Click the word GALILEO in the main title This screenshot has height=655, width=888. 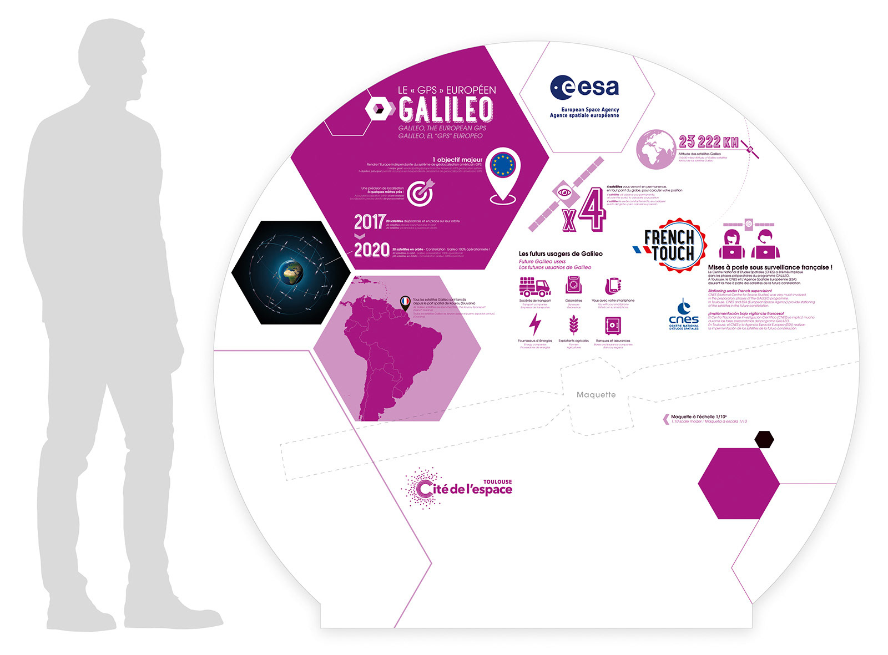[x=446, y=109]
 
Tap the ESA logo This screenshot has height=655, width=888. [x=584, y=88]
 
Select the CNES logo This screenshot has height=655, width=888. [x=684, y=315]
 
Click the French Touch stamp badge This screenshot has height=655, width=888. [x=669, y=245]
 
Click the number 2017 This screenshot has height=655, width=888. [x=369, y=222]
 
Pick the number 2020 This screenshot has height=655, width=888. [x=371, y=250]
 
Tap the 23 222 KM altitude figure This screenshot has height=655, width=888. [x=709, y=142]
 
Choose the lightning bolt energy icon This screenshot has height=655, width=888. [x=535, y=324]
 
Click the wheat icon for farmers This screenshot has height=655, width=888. [x=573, y=325]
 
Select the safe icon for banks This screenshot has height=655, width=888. [x=613, y=326]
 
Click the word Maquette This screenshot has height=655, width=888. [x=596, y=395]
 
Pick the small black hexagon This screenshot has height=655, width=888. [x=764, y=439]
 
